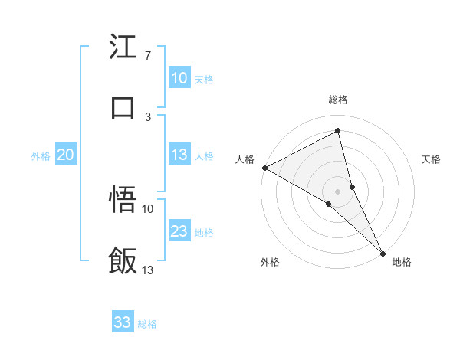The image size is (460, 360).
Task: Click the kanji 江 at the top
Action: (123, 47)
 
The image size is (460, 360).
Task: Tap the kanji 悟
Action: (123, 200)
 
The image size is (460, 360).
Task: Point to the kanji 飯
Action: (123, 261)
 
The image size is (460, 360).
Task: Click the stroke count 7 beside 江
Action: (147, 55)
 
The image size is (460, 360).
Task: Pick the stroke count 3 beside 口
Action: (147, 116)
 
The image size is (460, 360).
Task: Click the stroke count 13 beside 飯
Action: (148, 270)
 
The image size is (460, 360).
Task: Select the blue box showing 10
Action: (179, 78)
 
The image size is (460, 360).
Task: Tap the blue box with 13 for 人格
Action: (179, 155)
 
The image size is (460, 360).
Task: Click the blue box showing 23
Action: (179, 231)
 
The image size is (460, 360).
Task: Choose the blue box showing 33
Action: (123, 322)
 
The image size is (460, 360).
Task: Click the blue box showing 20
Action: (65, 155)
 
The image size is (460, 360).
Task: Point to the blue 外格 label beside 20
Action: (41, 155)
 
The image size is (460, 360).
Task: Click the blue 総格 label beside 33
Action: (147, 324)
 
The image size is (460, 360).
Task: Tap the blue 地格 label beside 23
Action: (204, 232)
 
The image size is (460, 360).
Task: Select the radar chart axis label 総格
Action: (338, 100)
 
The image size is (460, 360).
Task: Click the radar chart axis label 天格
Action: (431, 159)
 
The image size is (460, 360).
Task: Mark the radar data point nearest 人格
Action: (264, 167)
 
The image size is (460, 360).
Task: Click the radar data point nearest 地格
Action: (383, 253)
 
